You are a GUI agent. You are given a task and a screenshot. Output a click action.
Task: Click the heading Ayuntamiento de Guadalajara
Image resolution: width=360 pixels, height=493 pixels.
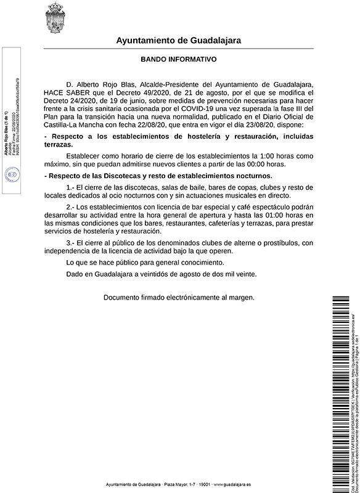coord(179,41)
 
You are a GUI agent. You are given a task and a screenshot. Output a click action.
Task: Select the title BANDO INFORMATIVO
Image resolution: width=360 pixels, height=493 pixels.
coord(179,60)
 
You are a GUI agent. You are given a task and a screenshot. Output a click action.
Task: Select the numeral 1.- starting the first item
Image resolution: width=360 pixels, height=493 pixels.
coord(70,187)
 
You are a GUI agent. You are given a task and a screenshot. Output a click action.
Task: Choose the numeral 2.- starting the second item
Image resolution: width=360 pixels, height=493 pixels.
coord(70,207)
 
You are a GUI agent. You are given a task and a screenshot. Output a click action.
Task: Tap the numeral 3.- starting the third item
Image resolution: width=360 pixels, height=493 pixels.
coord(70,243)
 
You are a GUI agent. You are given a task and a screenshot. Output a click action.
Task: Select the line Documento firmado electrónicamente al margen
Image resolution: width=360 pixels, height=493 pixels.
coord(179,297)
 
